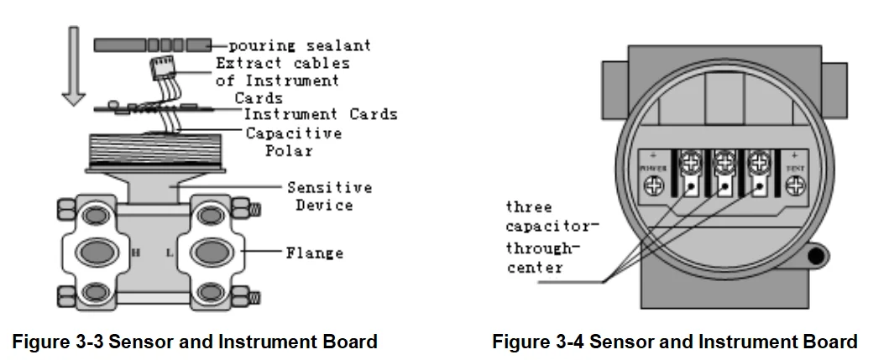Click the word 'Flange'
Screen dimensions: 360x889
pos(314,251)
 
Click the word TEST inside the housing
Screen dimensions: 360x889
pos(793,168)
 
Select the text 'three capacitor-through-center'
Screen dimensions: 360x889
pos(541,237)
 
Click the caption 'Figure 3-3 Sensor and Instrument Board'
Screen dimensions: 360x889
pos(194,342)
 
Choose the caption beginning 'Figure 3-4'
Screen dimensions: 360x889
pos(674,342)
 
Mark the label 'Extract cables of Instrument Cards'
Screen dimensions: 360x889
pos(282,81)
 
